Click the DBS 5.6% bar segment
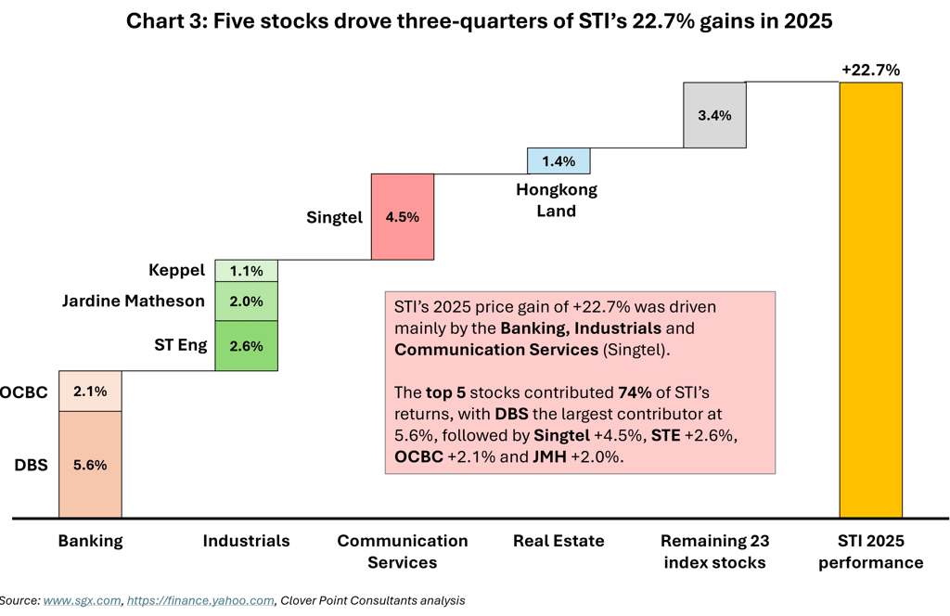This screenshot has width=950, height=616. click(90, 465)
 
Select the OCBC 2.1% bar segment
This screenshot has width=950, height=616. click(90, 391)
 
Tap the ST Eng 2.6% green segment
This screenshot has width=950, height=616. click(246, 346)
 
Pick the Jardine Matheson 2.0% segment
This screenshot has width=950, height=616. click(246, 301)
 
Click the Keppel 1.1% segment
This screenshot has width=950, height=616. click(246, 270)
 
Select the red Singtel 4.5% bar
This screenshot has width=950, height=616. click(403, 217)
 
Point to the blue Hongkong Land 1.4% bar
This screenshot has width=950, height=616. click(558, 160)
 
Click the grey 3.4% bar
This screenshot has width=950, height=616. click(714, 115)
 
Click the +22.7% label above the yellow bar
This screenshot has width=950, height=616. click(870, 70)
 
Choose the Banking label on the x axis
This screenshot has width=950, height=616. click(90, 541)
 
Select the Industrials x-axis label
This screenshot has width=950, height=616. click(246, 541)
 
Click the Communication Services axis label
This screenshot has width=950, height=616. click(403, 551)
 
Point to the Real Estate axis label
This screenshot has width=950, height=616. click(558, 541)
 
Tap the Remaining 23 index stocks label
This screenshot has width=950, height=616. click(714, 551)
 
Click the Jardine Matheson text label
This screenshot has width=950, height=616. click(132, 301)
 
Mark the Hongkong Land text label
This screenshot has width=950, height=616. click(557, 199)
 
